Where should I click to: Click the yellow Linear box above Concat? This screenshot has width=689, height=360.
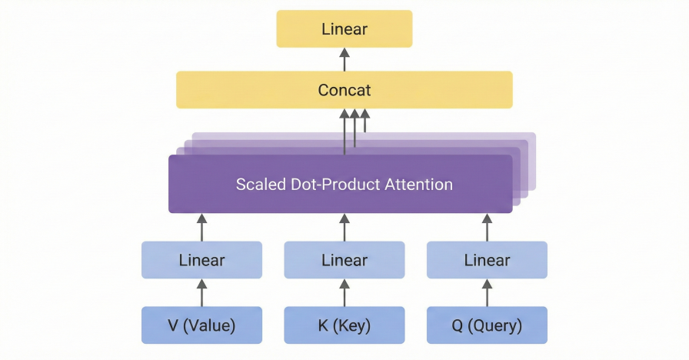344,29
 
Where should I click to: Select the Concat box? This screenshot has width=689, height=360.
344,90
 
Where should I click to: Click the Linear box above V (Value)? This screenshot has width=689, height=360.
201,260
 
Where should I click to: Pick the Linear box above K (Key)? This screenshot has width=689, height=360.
344,260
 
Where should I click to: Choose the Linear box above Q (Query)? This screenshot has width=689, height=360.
487,260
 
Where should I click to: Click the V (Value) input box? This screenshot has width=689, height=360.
201,325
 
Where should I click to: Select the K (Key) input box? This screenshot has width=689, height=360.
344,325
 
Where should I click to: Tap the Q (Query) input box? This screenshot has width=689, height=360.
487,325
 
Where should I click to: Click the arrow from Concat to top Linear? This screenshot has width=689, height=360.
344,59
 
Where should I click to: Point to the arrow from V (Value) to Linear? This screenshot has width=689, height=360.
201,292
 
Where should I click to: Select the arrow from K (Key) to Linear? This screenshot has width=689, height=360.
344,292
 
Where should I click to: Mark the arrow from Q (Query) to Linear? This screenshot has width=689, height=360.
487,292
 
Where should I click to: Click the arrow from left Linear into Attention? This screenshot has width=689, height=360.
201,227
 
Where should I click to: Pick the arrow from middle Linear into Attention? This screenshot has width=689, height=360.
344,227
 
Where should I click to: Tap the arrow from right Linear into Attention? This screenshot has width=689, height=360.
487,227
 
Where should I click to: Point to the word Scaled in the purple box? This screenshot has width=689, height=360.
259,185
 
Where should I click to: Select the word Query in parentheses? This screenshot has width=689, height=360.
497,326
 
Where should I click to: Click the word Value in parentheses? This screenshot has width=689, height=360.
209,326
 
